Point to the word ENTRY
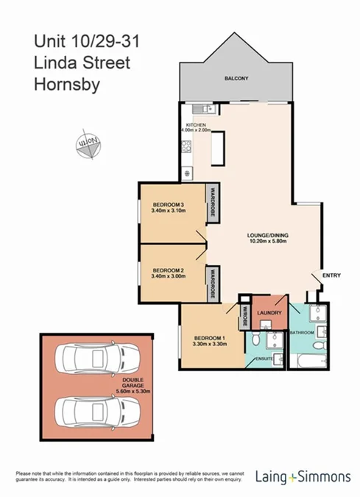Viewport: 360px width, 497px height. click(x=332, y=275)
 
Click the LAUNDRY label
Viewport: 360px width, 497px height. click(x=269, y=314)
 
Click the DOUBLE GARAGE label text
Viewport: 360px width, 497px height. click(x=135, y=384)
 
